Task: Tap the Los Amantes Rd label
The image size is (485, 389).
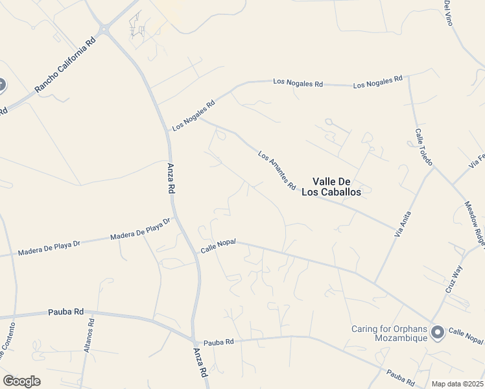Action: click(277, 171)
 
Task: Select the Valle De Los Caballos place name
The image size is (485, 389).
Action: click(336, 187)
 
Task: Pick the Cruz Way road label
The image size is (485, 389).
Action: click(454, 279)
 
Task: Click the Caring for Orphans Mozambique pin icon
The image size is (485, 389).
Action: click(438, 333)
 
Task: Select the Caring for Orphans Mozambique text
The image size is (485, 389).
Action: click(389, 333)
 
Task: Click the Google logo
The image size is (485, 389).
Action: click(21, 381)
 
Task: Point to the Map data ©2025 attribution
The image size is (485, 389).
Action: click(458, 384)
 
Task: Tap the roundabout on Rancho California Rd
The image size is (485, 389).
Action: click(104, 29)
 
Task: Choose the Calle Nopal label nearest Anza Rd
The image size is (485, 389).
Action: click(217, 246)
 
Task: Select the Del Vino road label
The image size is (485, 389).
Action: click(447, 13)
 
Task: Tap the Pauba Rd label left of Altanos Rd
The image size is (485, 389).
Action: click(65, 312)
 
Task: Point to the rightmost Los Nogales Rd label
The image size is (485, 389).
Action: click(377, 83)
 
